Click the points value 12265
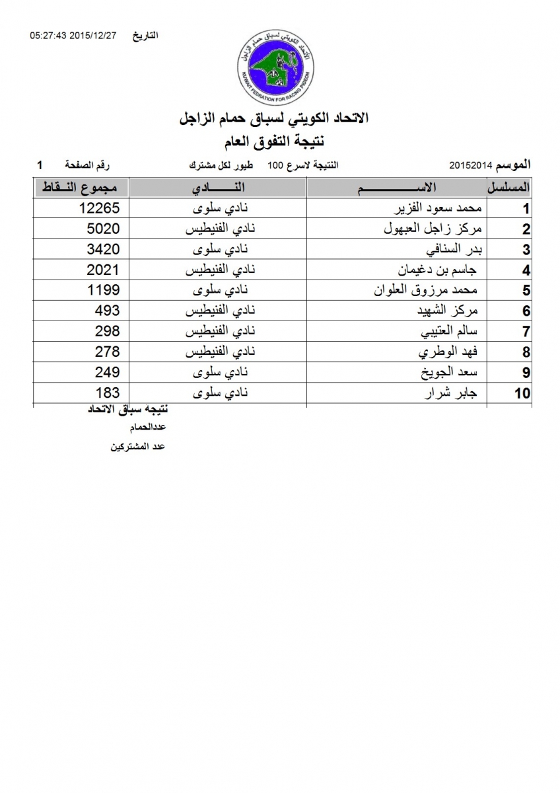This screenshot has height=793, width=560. (98, 209)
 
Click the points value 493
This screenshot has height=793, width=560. (108, 311)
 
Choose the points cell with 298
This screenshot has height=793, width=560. (108, 331)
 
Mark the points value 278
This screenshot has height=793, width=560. (108, 352)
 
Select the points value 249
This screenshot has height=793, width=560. (108, 372)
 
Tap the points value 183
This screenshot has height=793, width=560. (108, 393)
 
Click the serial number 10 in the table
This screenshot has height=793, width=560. (522, 394)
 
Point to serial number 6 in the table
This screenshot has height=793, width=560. (526, 312)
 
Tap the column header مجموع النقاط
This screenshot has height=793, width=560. (81, 188)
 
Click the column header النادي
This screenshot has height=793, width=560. (218, 188)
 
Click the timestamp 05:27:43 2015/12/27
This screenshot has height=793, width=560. (73, 35)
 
